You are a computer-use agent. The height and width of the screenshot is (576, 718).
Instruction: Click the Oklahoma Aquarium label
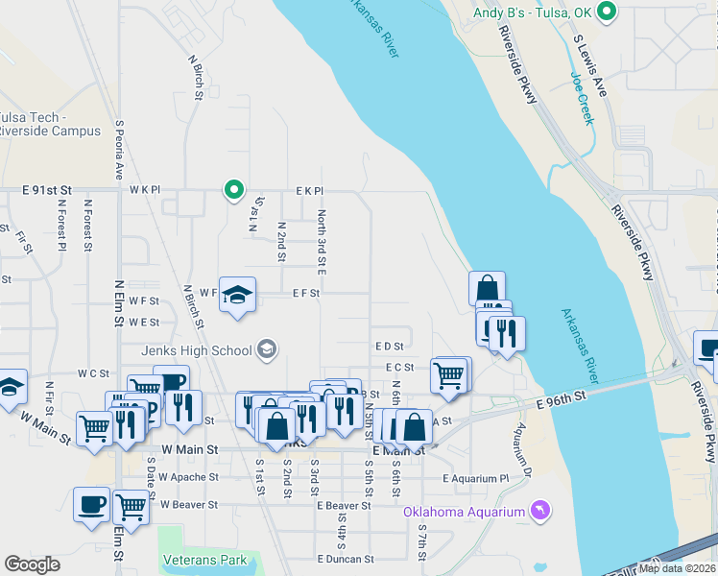pos(465,511)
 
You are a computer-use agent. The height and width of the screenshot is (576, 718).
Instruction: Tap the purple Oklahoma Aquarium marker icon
pos(540,510)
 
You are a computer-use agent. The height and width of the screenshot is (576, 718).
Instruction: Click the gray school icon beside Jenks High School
pos(268,349)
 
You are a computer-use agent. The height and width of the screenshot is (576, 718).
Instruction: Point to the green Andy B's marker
pos(606,12)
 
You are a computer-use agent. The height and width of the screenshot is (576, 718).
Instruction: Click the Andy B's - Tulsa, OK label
pos(533,12)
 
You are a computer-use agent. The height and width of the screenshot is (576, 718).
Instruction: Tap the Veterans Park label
pos(204,560)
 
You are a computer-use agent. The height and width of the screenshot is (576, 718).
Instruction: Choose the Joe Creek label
pos(582,99)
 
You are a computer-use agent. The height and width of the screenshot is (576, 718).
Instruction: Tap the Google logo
pos(32,564)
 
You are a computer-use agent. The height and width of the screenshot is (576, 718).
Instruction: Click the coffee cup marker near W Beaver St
pos(92,505)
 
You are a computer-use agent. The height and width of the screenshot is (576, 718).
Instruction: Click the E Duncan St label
pos(345,559)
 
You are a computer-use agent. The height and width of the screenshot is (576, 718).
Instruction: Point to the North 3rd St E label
pos(323,241)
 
